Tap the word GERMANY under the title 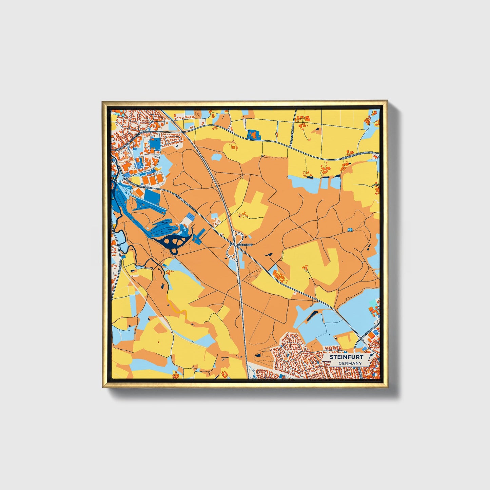pyautogui.click(x=350, y=364)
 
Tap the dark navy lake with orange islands pyautogui.click(x=173, y=242)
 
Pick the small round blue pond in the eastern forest pyautogui.click(x=350, y=230)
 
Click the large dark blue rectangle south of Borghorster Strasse pyautogui.click(x=152, y=196)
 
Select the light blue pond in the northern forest pyautogui.click(x=217, y=157)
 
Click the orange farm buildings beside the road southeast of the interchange pyautogui.click(x=280, y=277)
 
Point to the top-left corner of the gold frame pyautogui.click(x=103, y=101)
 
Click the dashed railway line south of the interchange pyautogui.click(x=243, y=315)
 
